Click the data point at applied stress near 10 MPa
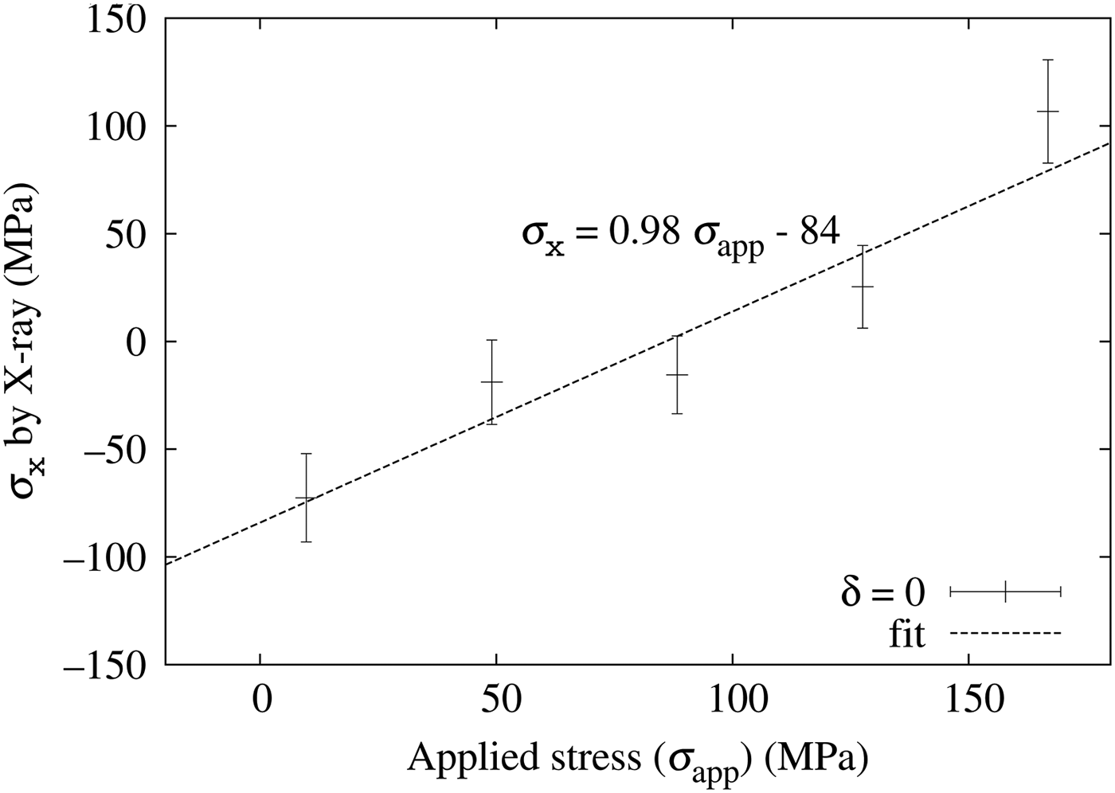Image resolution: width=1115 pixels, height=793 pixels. coord(306,498)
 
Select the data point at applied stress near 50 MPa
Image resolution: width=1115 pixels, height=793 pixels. coord(492,382)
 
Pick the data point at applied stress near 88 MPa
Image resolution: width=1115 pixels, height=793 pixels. coord(677,374)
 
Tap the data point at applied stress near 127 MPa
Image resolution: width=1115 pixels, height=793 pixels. coord(863,287)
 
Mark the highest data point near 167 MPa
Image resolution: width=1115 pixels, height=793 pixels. coord(1048,111)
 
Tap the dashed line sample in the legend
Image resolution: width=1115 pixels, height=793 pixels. coord(1006,635)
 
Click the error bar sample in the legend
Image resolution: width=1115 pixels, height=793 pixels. coord(1006,592)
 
